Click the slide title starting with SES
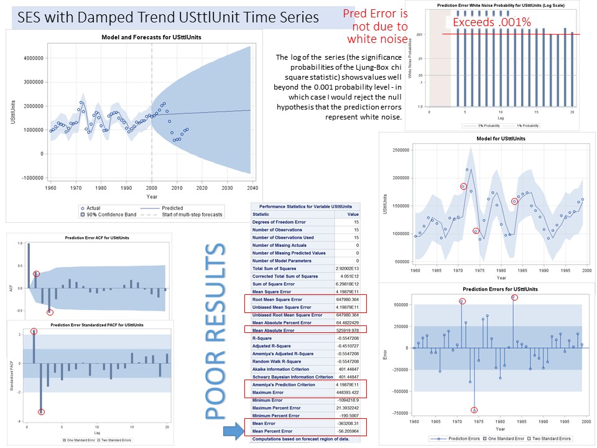[x=168, y=17]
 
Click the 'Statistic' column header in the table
[x=261, y=213]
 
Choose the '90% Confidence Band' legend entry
[x=109, y=215]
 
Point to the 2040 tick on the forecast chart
[x=251, y=187]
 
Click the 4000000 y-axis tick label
[x=29, y=58]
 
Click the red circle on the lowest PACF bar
[x=42, y=412]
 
